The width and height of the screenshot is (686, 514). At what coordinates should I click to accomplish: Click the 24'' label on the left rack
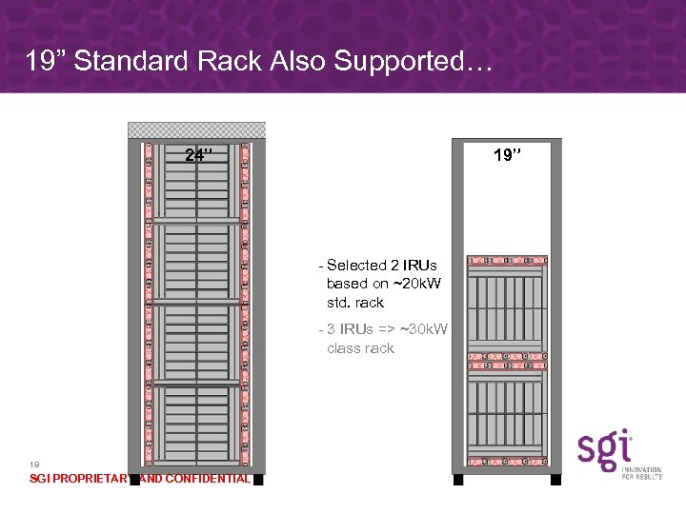199,156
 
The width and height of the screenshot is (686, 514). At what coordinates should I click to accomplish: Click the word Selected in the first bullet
356,266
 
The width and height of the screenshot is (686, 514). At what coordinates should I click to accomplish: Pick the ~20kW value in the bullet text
416,284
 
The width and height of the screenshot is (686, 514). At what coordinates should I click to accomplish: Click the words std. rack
354,303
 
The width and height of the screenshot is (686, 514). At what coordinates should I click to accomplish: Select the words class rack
360,348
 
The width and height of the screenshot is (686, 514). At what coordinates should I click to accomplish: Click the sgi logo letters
605,448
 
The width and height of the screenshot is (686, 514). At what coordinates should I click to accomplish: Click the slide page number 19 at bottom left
35,464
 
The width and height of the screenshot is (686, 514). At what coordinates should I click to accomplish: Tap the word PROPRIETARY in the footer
91,479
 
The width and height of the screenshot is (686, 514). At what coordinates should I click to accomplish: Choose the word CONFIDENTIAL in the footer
208,479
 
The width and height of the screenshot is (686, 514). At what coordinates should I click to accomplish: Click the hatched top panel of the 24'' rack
197,130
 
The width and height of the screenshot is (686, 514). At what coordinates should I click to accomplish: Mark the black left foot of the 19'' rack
458,479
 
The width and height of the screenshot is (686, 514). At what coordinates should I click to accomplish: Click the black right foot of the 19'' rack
556,479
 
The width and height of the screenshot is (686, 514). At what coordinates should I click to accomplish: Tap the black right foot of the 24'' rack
258,479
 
